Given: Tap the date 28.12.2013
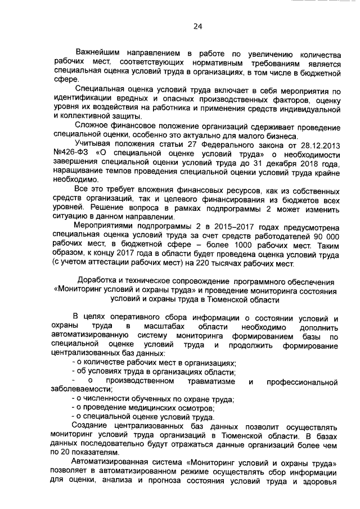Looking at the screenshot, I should tap(320, 146).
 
